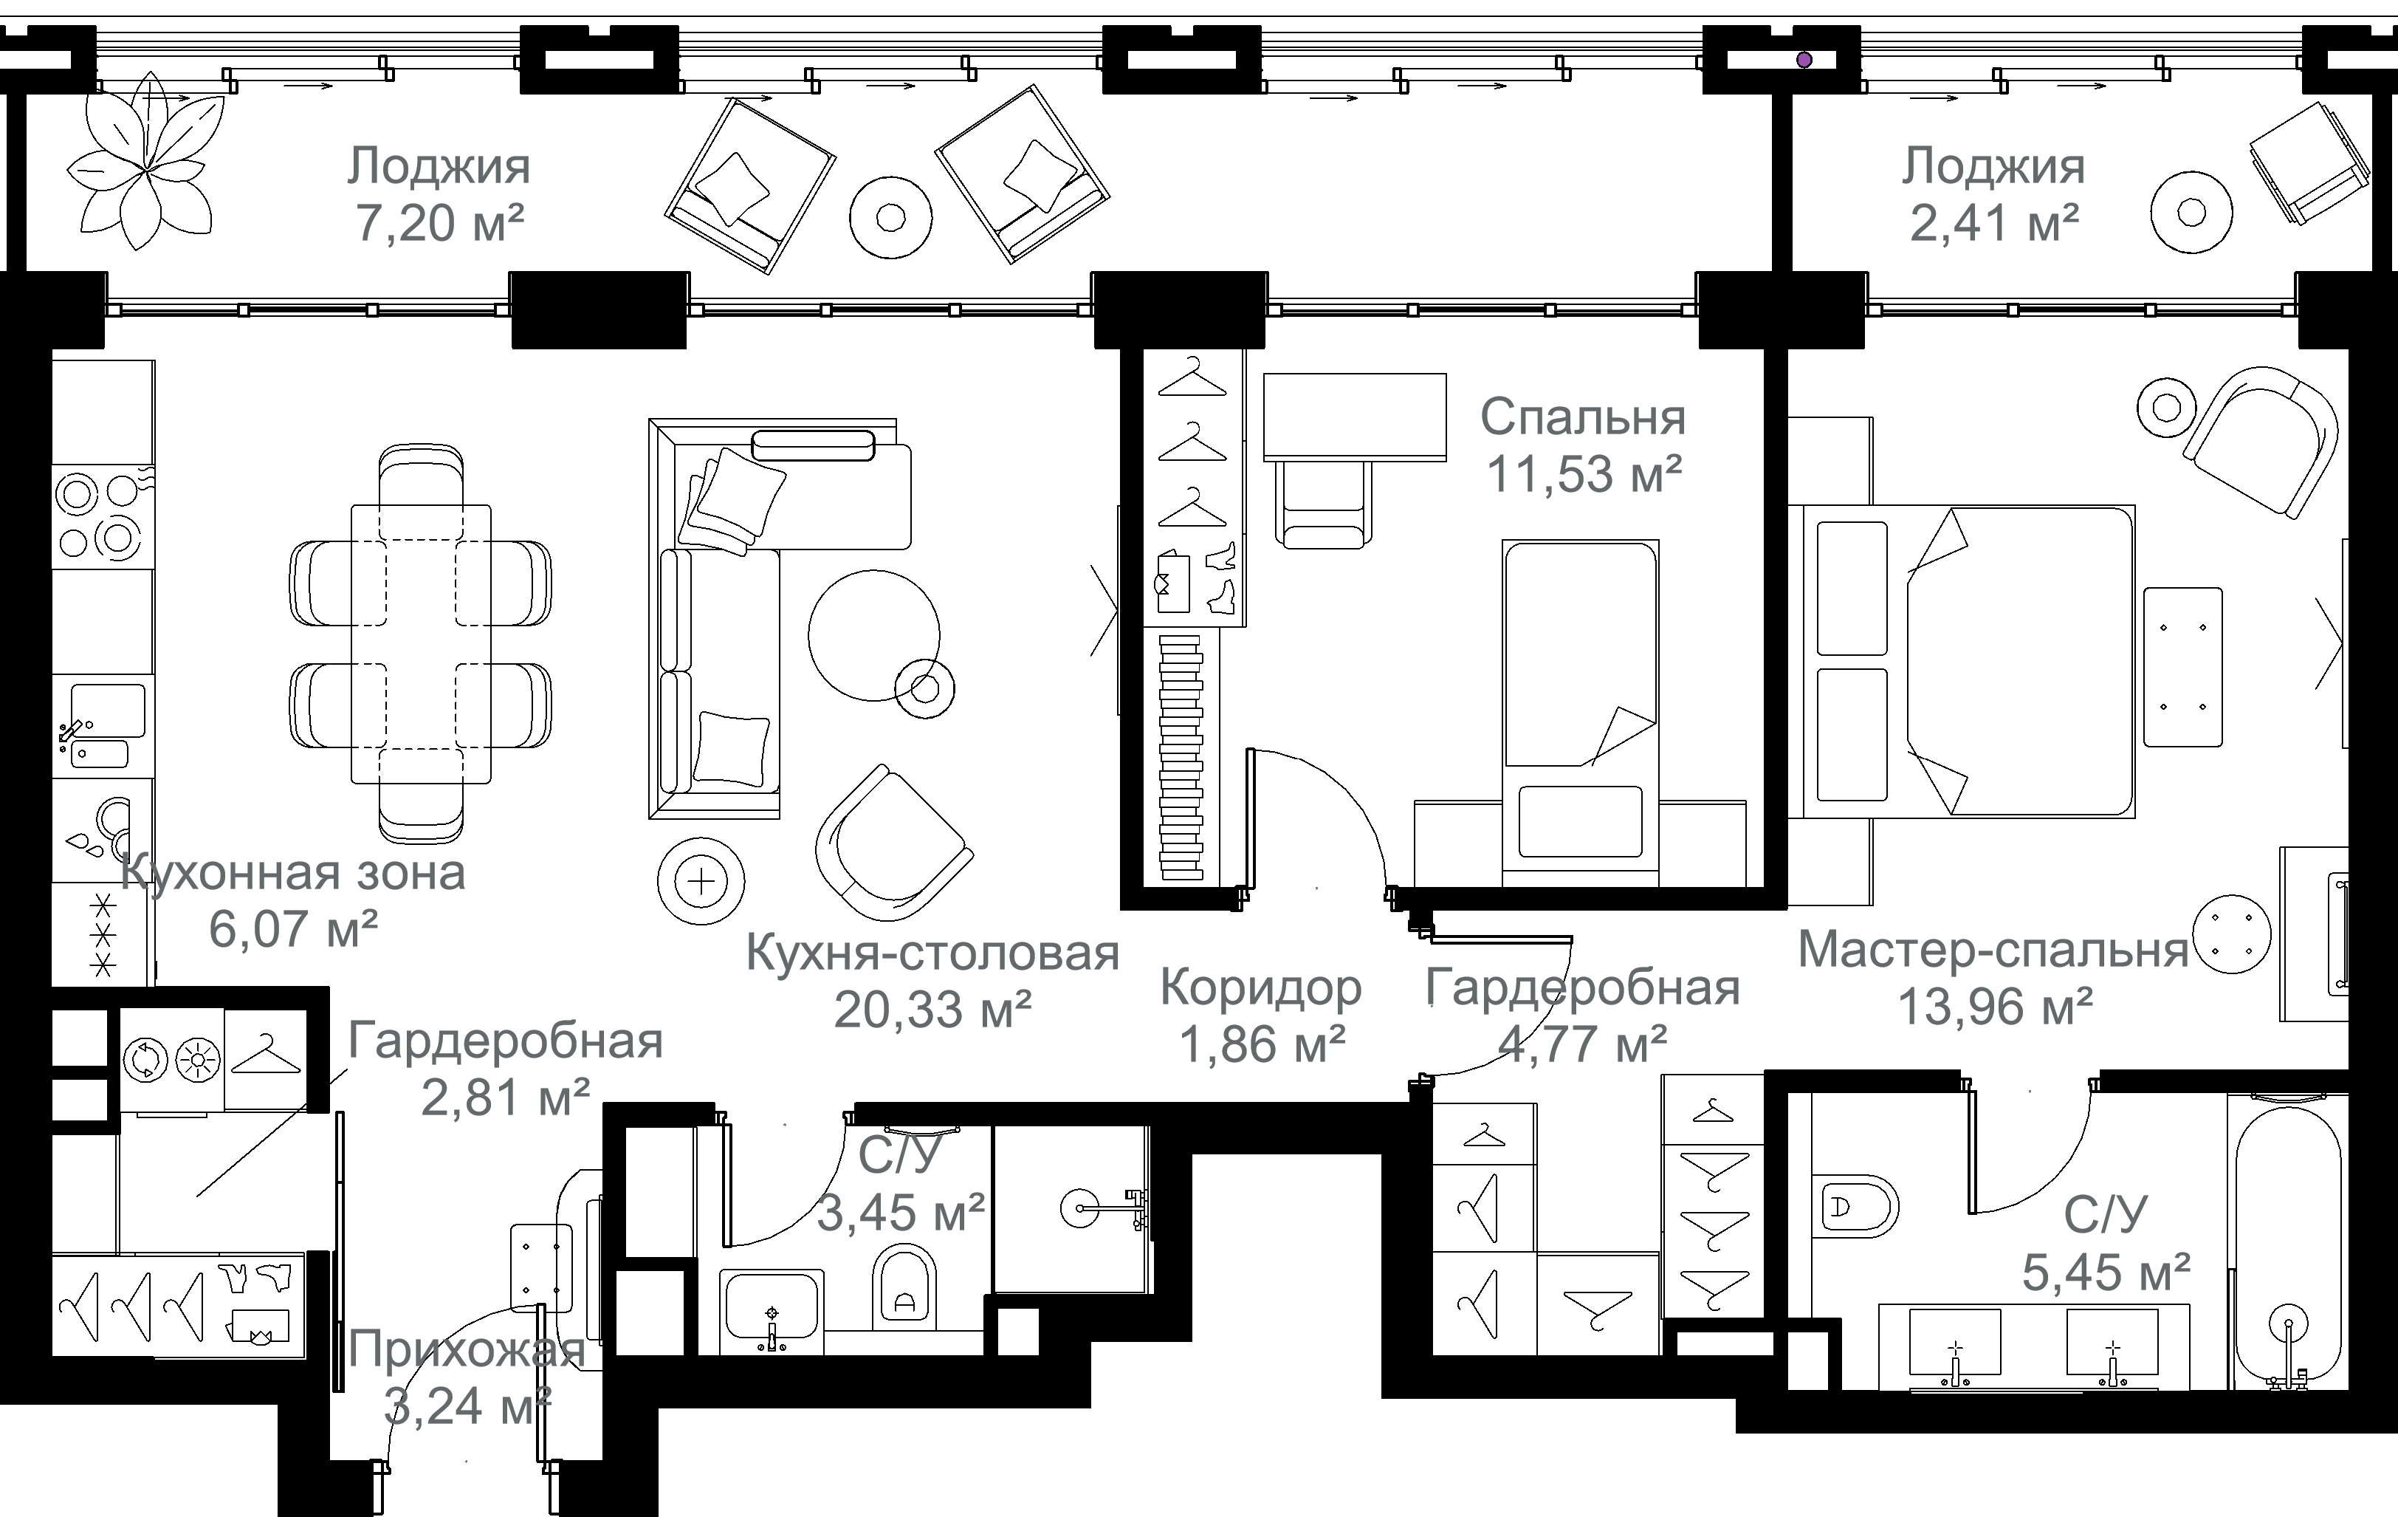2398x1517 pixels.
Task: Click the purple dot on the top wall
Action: pyautogui.click(x=1804, y=60)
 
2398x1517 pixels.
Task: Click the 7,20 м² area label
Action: pyautogui.click(x=440, y=223)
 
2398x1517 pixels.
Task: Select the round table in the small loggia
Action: pyautogui.click(x=2191, y=212)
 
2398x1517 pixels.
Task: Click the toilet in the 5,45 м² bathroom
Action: pyautogui.click(x=1858, y=1206)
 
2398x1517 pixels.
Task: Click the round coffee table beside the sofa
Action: pyautogui.click(x=873, y=635)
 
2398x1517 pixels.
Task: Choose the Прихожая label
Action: pyautogui.click(x=466, y=1349)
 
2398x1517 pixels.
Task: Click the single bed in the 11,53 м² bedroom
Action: pyautogui.click(x=1581, y=708)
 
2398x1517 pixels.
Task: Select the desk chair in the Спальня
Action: pyautogui.click(x=1322, y=503)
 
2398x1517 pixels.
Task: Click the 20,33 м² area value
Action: pyautogui.click(x=932, y=1009)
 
